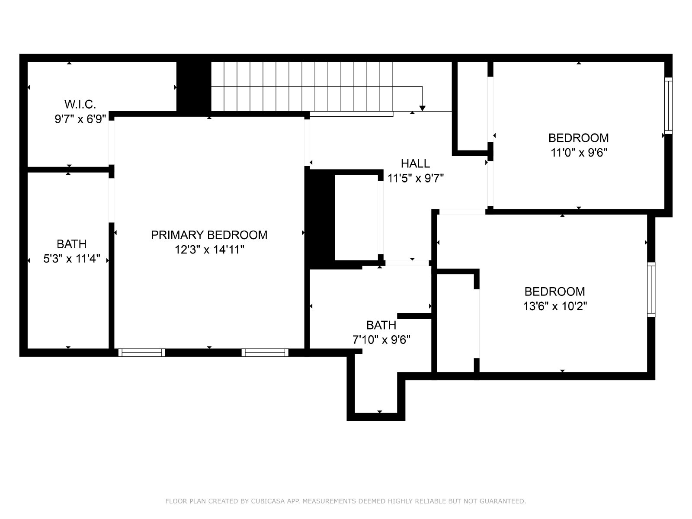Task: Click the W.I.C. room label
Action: point(80,104)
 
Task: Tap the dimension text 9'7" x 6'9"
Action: point(80,119)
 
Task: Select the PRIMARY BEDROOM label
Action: point(209,235)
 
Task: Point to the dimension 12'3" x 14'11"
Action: point(209,250)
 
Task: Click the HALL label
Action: point(415,163)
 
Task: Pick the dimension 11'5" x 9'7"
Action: point(415,179)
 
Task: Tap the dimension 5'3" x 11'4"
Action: point(71,259)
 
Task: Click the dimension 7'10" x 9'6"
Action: point(381,340)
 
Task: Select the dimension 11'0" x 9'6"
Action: point(579,153)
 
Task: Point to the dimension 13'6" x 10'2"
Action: point(555,306)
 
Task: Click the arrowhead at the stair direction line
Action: point(423,109)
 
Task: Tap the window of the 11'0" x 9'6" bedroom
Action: point(668,106)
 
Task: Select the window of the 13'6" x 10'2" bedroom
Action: point(651,290)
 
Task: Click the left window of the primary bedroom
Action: point(141,352)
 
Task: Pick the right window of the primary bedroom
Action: point(265,352)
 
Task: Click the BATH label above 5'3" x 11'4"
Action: point(71,244)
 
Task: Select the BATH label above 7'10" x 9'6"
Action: point(381,325)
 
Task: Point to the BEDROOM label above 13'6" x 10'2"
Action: point(555,292)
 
